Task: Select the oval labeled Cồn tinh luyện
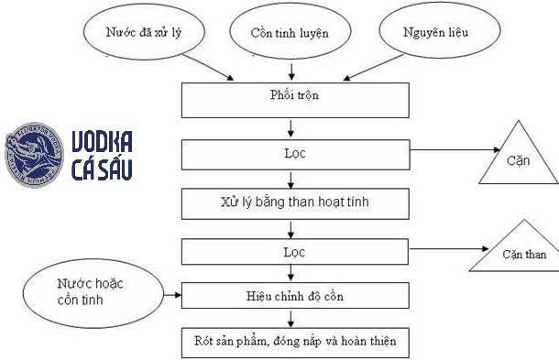[290, 33]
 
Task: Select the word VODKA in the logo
[102, 142]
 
